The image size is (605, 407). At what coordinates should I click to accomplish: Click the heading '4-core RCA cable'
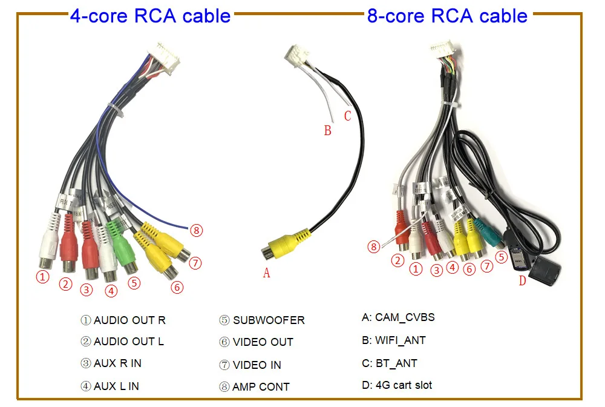pos(150,15)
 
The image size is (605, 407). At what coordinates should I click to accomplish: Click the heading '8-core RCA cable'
pos(447,15)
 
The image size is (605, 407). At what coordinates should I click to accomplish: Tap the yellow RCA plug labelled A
pos(282,243)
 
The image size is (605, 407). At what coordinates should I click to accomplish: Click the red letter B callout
pos(328,130)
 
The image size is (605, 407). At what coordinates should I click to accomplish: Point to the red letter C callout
pos(347,115)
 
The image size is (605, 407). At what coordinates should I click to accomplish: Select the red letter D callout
pos(523,280)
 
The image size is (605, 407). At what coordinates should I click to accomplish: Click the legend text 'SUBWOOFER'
pos(269,320)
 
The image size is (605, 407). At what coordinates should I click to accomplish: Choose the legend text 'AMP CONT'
pos(261,386)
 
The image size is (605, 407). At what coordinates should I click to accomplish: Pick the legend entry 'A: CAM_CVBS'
pos(398,317)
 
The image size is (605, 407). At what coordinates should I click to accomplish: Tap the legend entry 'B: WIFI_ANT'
pos(393,340)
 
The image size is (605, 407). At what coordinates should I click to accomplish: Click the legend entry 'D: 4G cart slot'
pos(397,385)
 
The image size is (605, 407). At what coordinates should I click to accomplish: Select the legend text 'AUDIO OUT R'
pos(129,320)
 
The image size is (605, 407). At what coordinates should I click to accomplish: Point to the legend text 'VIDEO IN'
pos(257,365)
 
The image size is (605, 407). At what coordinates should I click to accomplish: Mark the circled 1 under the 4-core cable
pos(42,277)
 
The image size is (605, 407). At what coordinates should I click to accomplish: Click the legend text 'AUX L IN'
pos(116,386)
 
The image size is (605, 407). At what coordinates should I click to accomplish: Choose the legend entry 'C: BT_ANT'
pos(390,363)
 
